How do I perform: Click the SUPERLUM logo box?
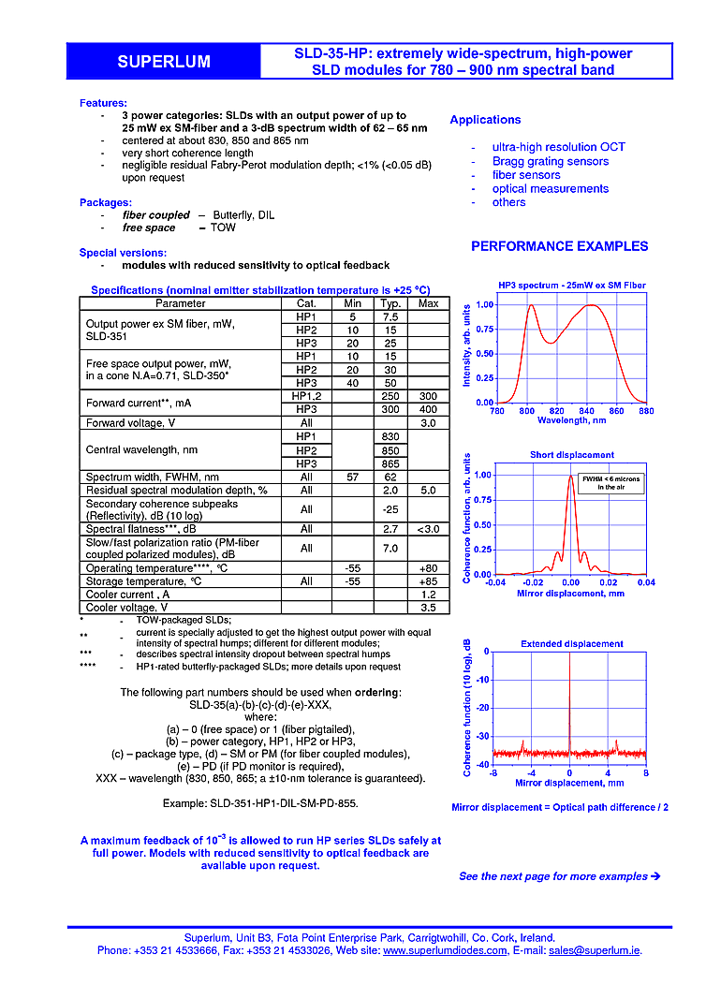coord(164,62)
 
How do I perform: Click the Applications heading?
coord(485,120)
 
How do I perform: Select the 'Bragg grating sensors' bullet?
coord(551,161)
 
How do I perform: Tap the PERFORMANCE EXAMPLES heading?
coord(559,246)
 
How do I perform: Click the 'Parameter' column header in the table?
coord(181,303)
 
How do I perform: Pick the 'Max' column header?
coord(428,303)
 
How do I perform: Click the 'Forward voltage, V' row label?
coord(130,422)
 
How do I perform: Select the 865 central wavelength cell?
coord(390,463)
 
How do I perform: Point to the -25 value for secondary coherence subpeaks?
coord(390,509)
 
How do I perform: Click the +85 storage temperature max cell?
coord(428,581)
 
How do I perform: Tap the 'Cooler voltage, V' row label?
coord(127,608)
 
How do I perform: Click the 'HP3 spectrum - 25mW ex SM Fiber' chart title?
coord(571,286)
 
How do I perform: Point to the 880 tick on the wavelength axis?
coord(645,411)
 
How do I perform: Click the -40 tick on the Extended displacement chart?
coord(483,765)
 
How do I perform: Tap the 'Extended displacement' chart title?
coord(571,644)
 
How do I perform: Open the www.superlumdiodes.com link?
coord(445,950)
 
